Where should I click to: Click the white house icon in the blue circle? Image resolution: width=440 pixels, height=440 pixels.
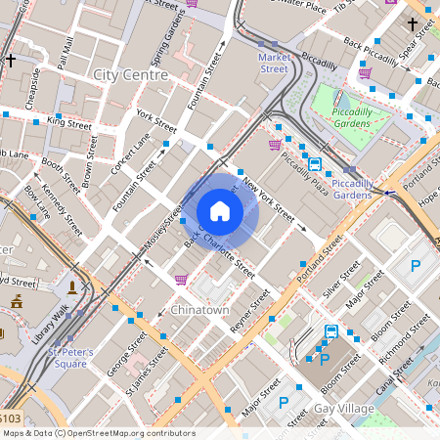pos(220,211)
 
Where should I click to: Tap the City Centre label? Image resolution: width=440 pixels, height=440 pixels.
pos(129,74)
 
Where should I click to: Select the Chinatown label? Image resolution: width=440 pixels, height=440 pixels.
pos(198,310)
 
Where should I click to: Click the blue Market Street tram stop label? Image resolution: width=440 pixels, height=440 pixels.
pos(273,63)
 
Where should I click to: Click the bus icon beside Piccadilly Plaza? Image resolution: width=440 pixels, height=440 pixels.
pos(315,164)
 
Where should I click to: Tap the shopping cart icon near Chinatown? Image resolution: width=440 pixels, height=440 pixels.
pos(181,280)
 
